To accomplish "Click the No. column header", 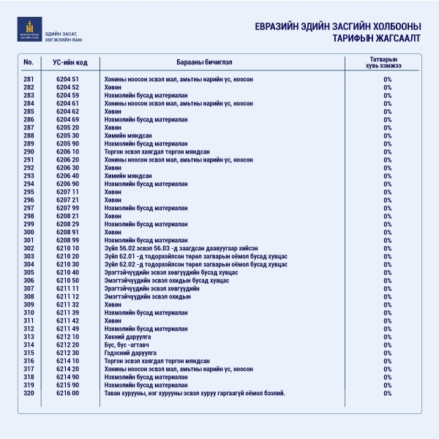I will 29,61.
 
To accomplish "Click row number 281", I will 29,79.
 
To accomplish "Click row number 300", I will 29,232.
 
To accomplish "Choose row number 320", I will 29,393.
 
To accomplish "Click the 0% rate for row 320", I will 387,393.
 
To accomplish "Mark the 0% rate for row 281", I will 387,79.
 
